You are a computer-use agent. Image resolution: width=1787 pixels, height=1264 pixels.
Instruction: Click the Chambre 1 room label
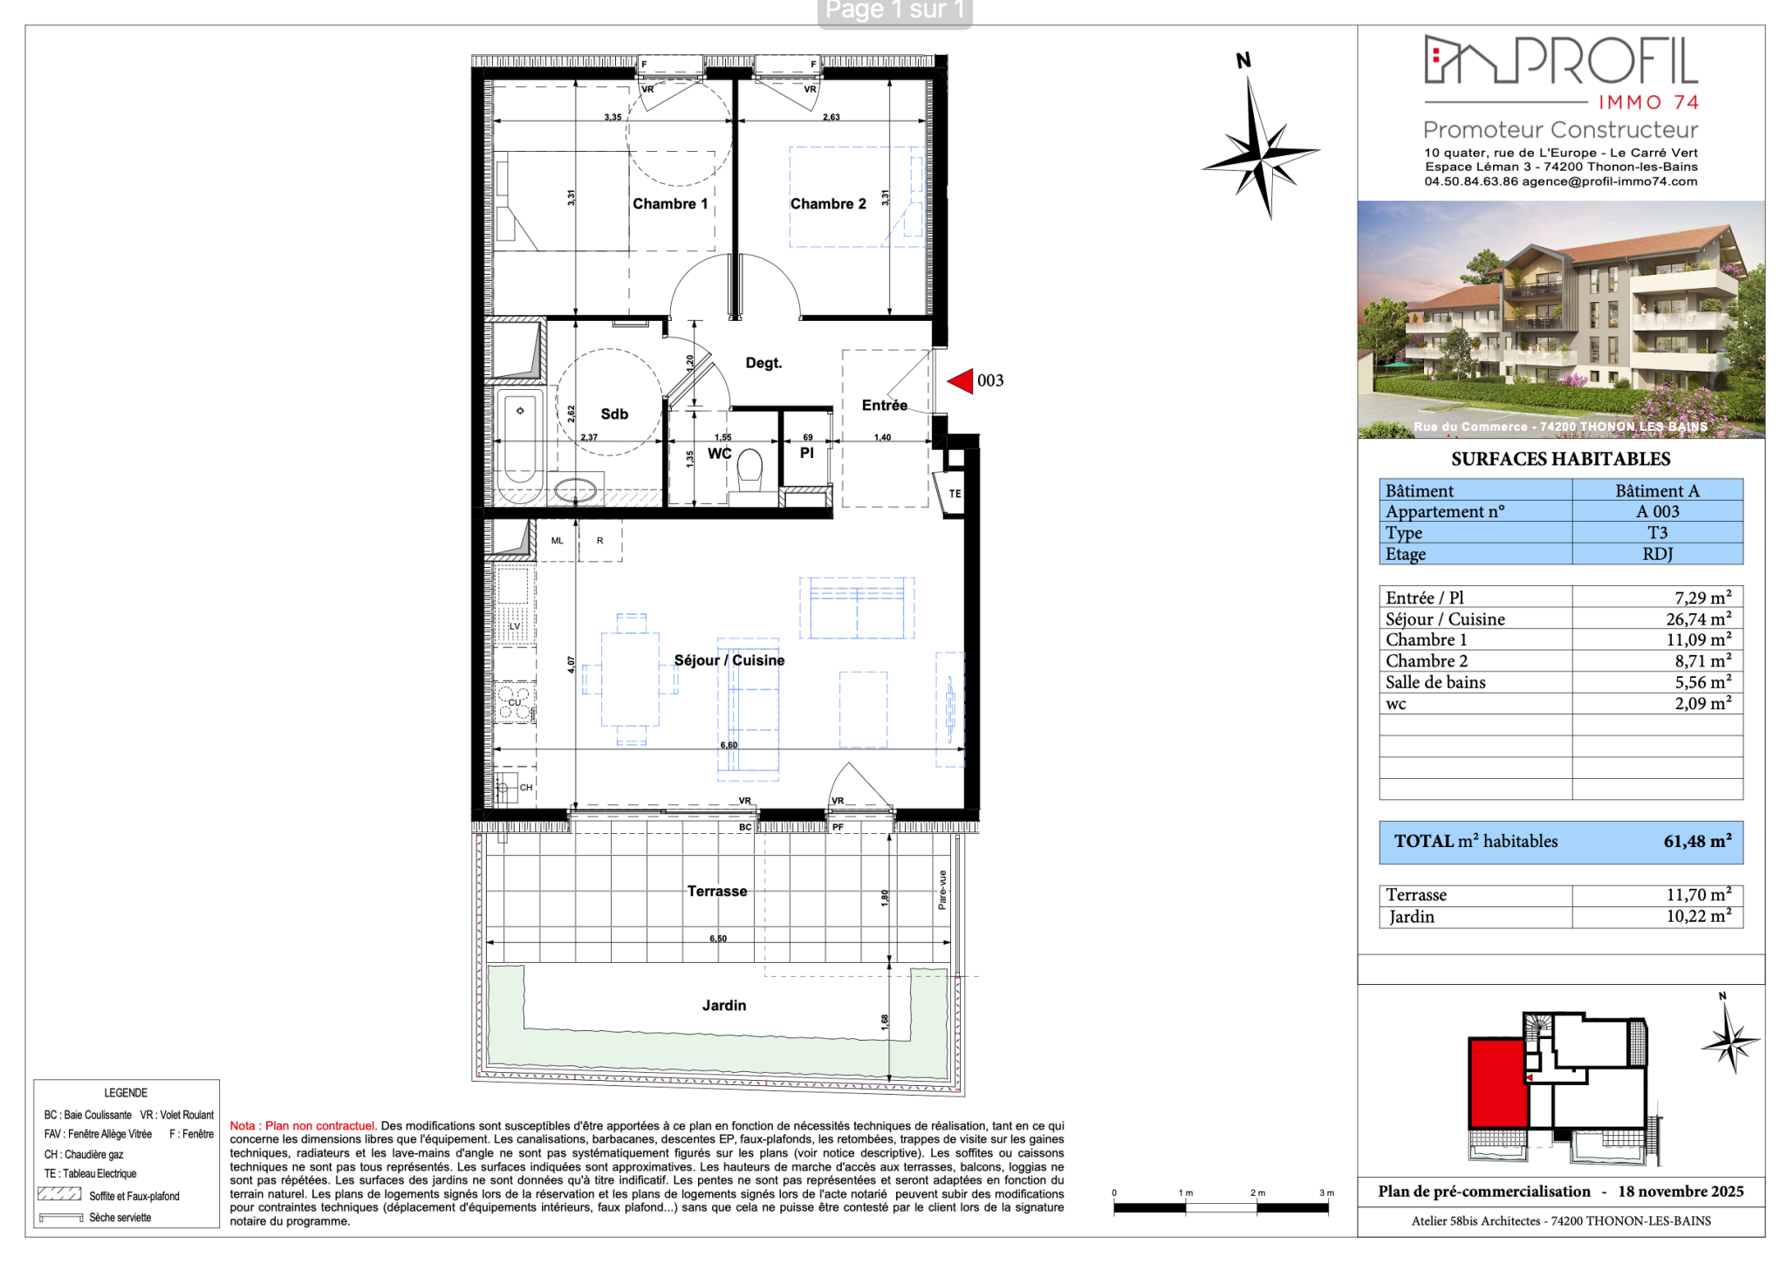pyautogui.click(x=670, y=204)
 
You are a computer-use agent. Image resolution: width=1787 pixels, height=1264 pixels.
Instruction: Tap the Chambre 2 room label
pyautogui.click(x=828, y=204)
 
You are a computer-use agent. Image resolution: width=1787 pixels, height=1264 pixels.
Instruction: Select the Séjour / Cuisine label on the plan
pyautogui.click(x=729, y=660)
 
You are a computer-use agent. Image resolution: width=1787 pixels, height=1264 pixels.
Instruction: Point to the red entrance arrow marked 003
pyautogui.click(x=960, y=380)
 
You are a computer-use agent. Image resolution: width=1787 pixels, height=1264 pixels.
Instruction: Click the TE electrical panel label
pyautogui.click(x=955, y=494)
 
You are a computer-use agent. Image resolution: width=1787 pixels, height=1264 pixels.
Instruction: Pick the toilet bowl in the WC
pyautogui.click(x=750, y=471)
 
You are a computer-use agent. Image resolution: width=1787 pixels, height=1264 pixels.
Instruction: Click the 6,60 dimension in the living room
pyautogui.click(x=729, y=745)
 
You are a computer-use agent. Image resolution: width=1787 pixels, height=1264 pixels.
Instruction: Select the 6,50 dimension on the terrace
pyautogui.click(x=718, y=939)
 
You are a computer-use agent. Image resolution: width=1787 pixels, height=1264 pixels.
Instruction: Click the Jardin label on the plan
pyautogui.click(x=724, y=1006)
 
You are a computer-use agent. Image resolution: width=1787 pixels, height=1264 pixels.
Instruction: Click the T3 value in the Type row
pyautogui.click(x=1657, y=532)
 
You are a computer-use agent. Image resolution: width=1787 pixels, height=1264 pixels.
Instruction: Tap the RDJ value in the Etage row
pyautogui.click(x=1657, y=554)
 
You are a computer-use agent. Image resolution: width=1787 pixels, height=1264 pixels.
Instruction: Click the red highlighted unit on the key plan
pyautogui.click(x=1498, y=1083)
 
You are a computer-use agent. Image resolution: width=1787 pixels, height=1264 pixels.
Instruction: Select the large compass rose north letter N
pyautogui.click(x=1243, y=60)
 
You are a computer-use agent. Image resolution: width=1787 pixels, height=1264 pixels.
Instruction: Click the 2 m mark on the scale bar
pyautogui.click(x=1257, y=1192)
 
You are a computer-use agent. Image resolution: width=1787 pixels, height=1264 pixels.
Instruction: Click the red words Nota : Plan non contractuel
pyautogui.click(x=303, y=1126)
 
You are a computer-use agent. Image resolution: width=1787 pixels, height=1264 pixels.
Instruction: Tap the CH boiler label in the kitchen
pyautogui.click(x=526, y=788)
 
